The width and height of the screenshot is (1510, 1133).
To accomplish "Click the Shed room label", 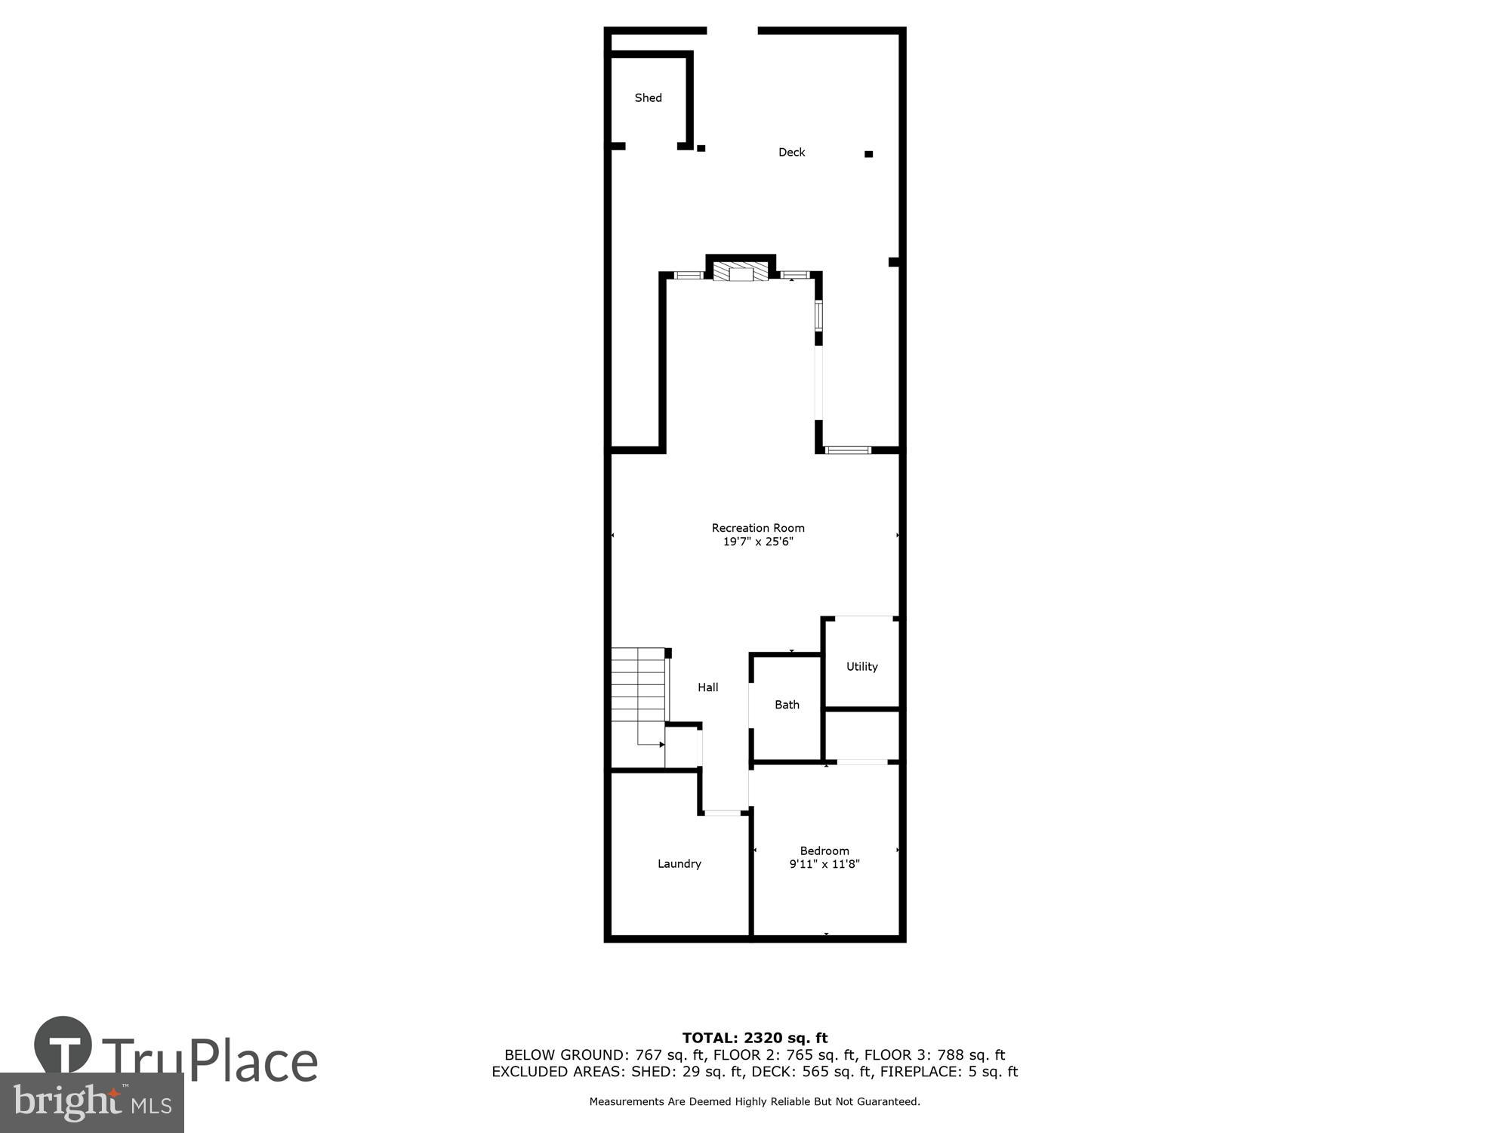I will click(x=648, y=97).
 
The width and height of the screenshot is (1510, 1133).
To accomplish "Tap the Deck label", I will click(x=791, y=152).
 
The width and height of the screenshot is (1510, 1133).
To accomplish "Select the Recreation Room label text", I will click(x=757, y=528).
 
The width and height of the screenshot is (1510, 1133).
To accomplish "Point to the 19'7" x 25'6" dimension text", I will click(x=757, y=542).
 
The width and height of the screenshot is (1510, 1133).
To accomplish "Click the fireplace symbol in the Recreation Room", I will click(x=741, y=272).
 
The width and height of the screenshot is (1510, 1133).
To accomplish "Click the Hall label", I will click(x=707, y=687).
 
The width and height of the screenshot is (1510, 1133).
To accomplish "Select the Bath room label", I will click(x=787, y=705).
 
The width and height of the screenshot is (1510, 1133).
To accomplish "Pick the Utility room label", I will click(x=861, y=666).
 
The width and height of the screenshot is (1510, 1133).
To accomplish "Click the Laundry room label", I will click(x=679, y=863).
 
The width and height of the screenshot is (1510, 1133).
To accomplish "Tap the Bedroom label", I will click(x=824, y=851).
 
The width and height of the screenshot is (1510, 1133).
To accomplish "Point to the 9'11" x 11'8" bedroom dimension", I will click(x=824, y=864).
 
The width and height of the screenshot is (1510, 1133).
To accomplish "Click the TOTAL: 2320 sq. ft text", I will click(x=754, y=1038).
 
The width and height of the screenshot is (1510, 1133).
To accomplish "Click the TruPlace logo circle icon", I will click(x=63, y=1045).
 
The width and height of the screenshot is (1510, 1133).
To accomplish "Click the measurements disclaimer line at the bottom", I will click(x=754, y=1101).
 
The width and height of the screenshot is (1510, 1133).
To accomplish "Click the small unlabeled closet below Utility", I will click(x=861, y=735).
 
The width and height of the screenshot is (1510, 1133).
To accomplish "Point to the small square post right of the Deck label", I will click(x=868, y=154).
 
